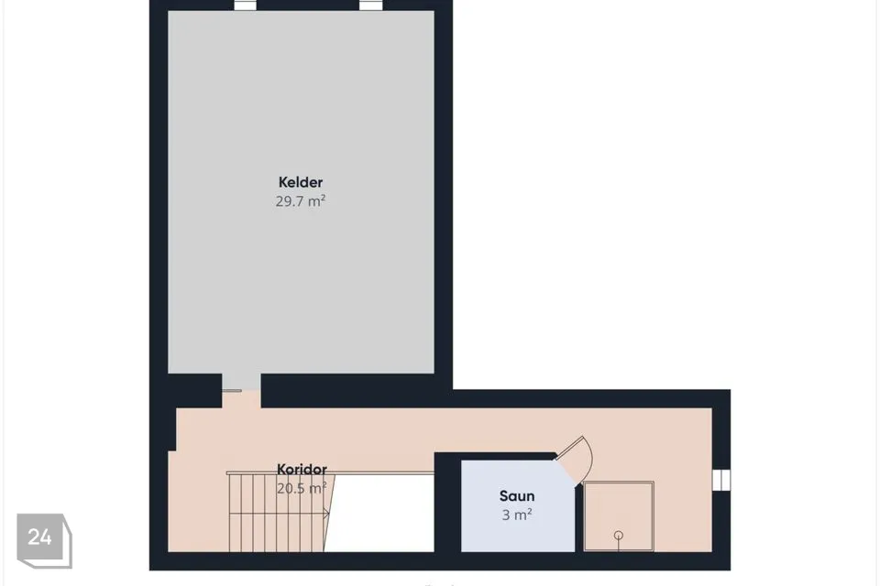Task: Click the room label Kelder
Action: point(301,182)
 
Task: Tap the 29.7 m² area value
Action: point(301,201)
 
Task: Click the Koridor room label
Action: point(302,469)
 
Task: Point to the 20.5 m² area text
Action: point(302,488)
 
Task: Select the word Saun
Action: point(517,495)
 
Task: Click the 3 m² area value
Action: point(517,515)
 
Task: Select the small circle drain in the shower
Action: point(619,535)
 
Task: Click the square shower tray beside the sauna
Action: point(619,515)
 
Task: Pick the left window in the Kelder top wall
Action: point(245,5)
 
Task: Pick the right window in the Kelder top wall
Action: point(370,5)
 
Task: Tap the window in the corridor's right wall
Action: point(721,480)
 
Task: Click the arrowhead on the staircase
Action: point(326,513)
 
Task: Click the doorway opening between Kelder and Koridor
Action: point(241,390)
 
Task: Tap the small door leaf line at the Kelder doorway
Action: point(232,391)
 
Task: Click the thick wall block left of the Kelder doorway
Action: point(194,390)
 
